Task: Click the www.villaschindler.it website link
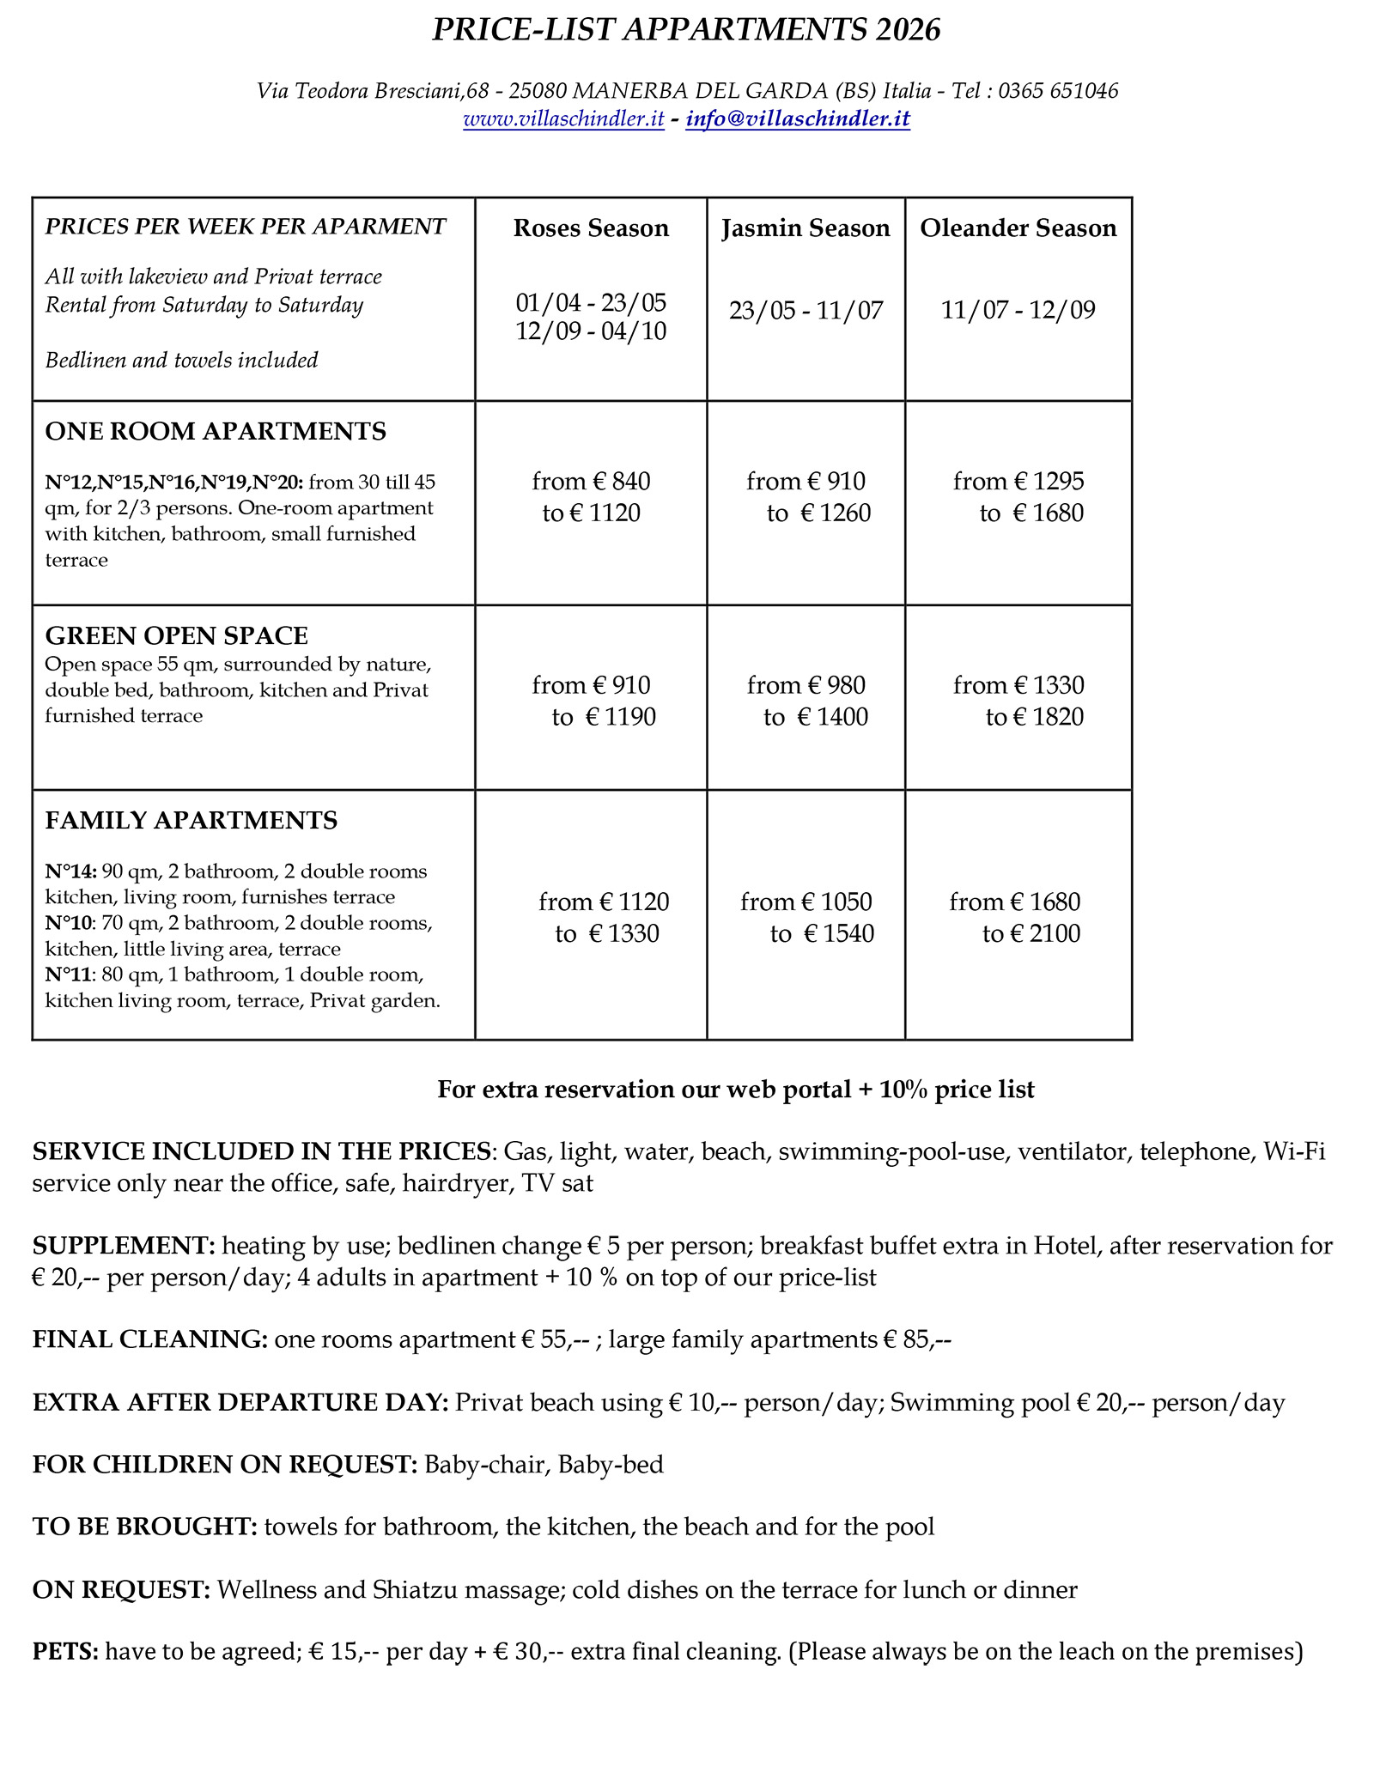(x=563, y=118)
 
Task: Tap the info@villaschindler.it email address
(x=798, y=118)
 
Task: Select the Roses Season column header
(x=591, y=228)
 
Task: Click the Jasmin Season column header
(x=806, y=228)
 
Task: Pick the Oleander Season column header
(x=1018, y=228)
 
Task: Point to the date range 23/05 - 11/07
(x=806, y=310)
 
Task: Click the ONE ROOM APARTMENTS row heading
(x=216, y=431)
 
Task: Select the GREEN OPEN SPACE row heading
(x=176, y=635)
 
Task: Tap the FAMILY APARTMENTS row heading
(x=191, y=821)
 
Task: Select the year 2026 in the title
(x=909, y=30)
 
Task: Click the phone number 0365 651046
(x=1058, y=91)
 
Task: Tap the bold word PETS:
(x=65, y=1651)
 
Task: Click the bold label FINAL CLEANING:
(x=150, y=1339)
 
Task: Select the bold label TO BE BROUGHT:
(x=144, y=1527)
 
